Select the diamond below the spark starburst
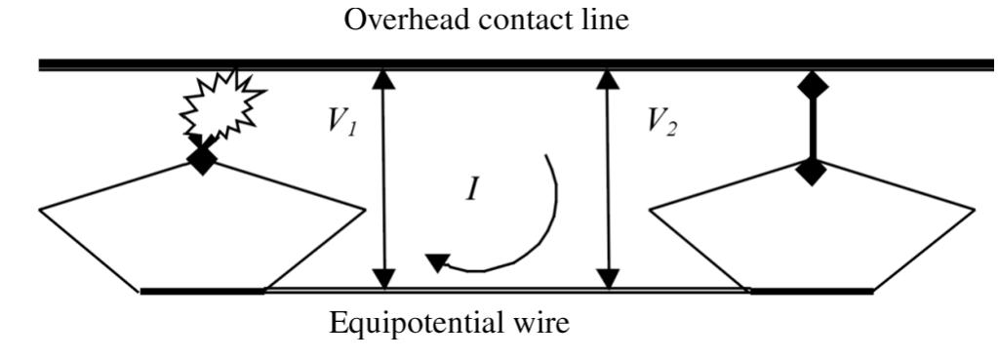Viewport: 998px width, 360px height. tap(202, 158)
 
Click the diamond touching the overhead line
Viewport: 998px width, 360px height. tap(813, 86)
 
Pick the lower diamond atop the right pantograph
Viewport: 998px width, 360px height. tap(812, 172)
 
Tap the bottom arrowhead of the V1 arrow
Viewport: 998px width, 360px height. tap(386, 278)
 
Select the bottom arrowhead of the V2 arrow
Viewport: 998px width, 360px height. tap(609, 278)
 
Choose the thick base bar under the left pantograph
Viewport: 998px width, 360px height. tap(202, 291)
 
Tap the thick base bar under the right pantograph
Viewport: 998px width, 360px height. tap(810, 291)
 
